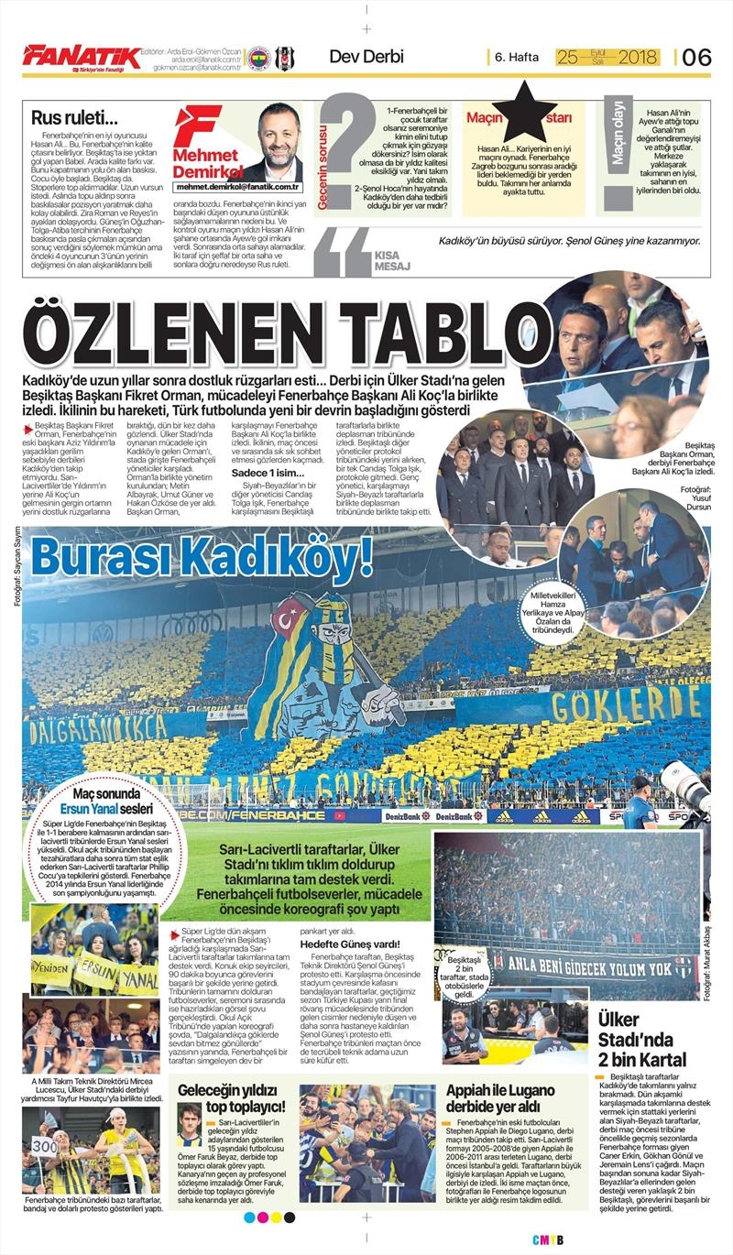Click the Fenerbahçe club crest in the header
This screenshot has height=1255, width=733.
(x=259, y=58)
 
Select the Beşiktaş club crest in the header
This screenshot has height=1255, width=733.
(x=284, y=58)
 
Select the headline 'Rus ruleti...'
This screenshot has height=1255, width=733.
(x=74, y=117)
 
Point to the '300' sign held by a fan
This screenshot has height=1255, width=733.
(x=45, y=1146)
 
